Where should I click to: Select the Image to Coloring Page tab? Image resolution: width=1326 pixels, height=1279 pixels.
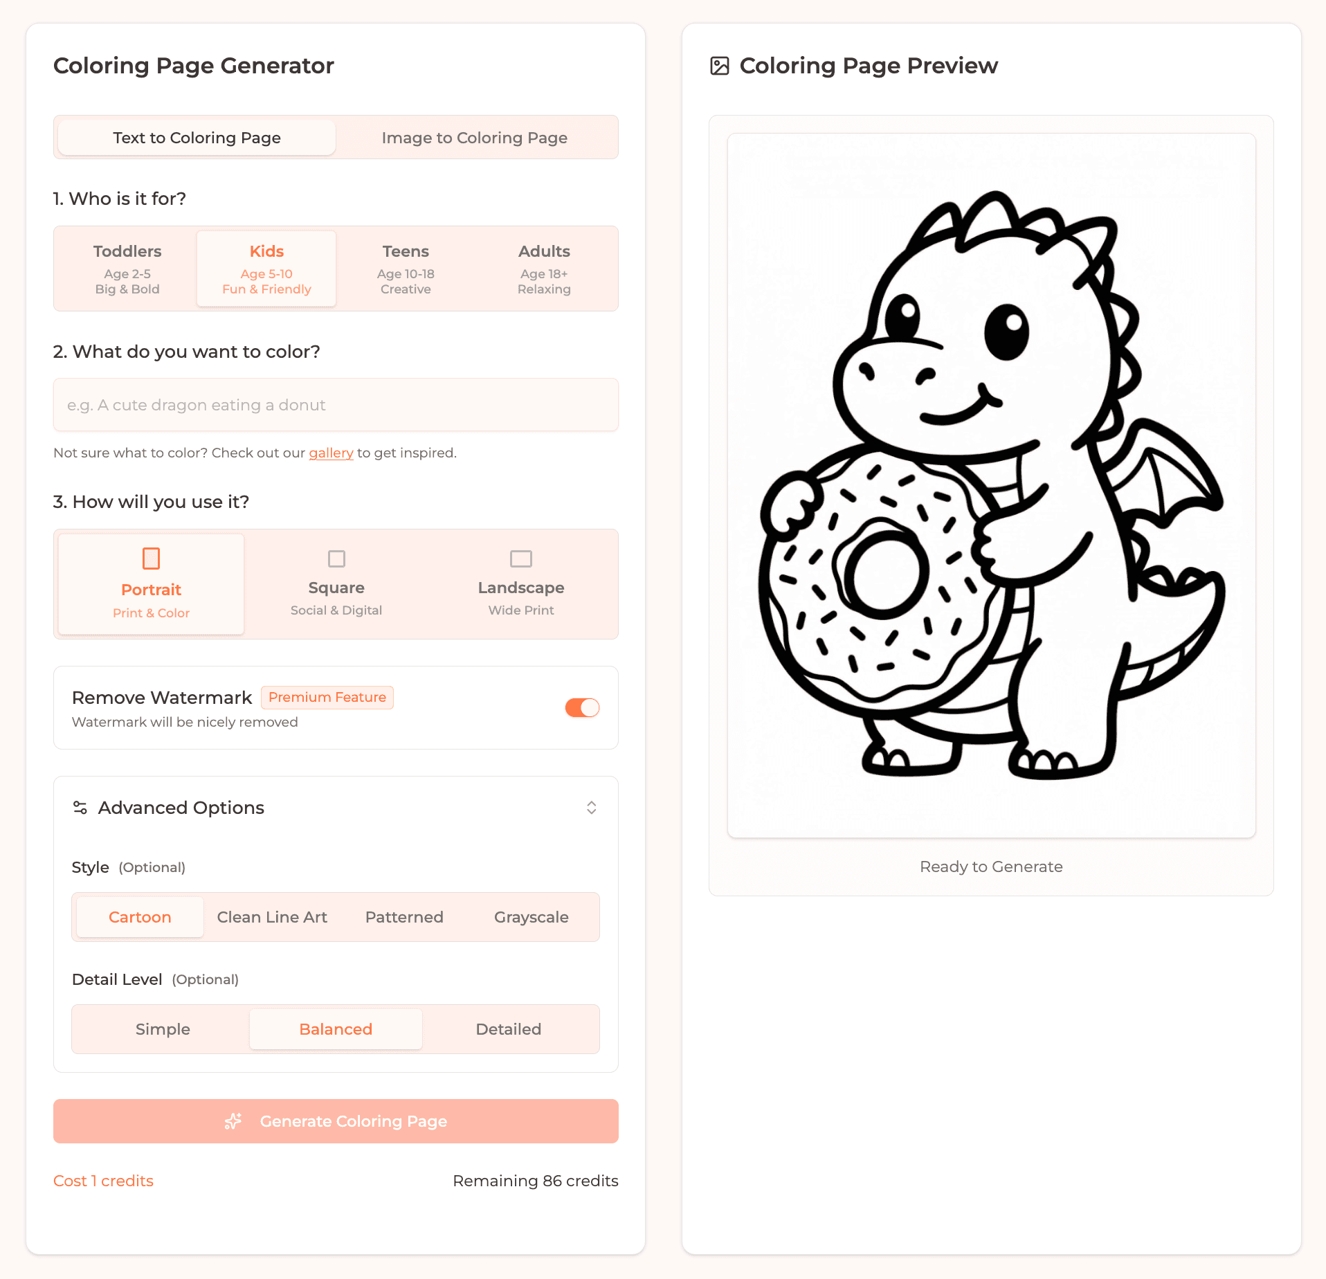tap(474, 138)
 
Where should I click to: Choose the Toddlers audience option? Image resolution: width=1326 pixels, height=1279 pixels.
tap(127, 269)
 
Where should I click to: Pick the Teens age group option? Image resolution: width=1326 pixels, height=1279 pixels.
tap(406, 269)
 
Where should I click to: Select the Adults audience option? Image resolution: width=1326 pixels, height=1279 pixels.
tap(544, 269)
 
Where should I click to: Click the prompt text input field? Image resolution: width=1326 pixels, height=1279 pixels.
tap(336, 405)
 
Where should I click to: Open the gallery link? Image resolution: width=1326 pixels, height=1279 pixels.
tap(331, 453)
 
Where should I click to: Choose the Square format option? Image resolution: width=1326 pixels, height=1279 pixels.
tap(336, 584)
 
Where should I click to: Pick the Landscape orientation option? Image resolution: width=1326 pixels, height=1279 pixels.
tap(521, 584)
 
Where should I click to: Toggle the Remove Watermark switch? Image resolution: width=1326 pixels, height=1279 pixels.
tap(582, 707)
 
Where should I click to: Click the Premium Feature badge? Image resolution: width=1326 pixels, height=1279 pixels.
tap(327, 697)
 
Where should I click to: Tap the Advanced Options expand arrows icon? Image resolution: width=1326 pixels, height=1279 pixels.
tap(592, 808)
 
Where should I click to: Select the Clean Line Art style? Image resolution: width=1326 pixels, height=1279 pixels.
tap(272, 917)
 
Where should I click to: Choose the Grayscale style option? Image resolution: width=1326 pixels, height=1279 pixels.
tap(531, 917)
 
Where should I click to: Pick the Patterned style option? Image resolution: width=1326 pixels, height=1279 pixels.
tap(404, 917)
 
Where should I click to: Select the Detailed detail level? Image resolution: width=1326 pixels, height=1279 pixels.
tap(509, 1029)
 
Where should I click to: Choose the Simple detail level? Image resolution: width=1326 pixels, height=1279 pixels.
tap(163, 1029)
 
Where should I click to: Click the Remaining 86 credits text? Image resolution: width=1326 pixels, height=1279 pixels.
tap(536, 1181)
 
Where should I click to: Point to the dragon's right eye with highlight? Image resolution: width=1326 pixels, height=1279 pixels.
tap(1006, 331)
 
